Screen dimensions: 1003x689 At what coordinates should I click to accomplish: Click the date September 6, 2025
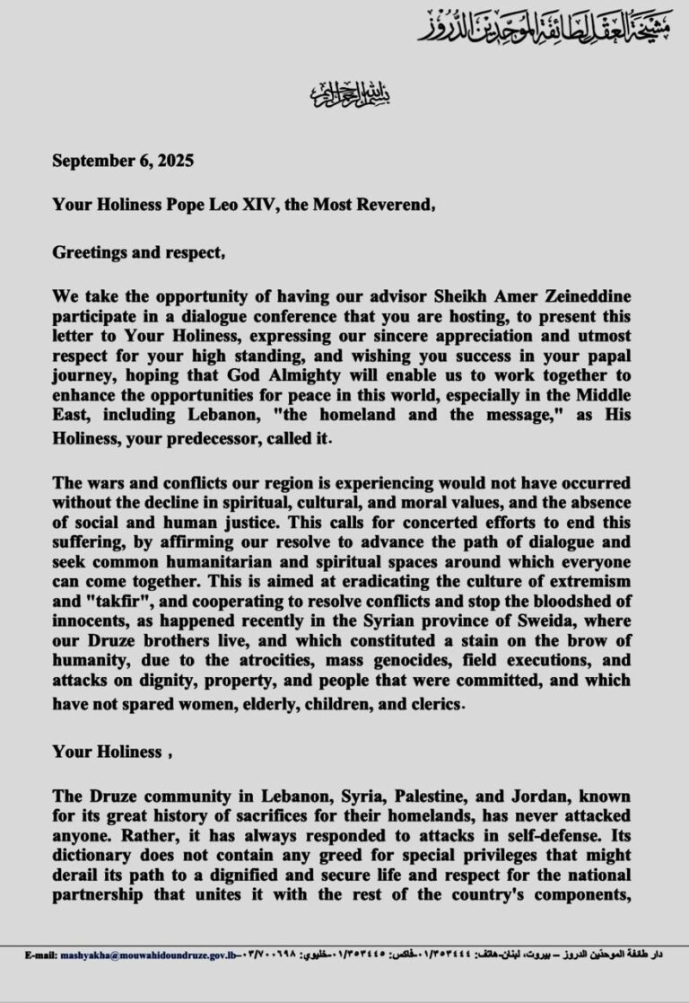coord(123,162)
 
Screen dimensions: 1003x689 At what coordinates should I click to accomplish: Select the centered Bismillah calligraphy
coord(344,92)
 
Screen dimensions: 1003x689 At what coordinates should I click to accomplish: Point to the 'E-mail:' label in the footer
coord(41,954)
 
